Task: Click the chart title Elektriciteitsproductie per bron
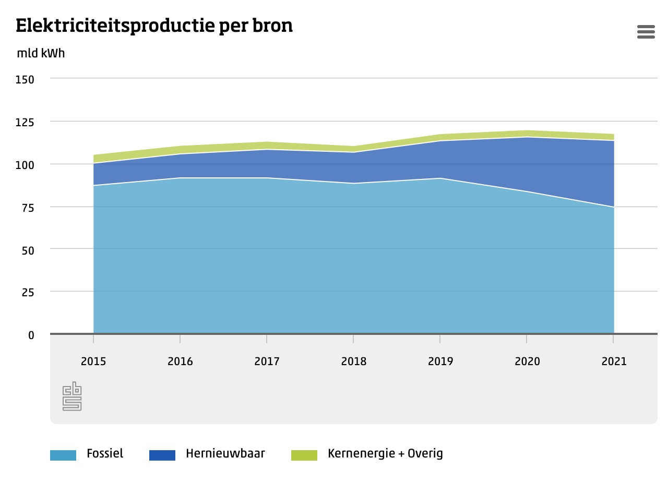coord(154,26)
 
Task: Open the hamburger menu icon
coord(646,32)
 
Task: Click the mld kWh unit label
coord(41,53)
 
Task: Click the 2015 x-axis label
coord(93,362)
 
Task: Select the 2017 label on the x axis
coord(267,362)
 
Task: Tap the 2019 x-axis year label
coord(440,362)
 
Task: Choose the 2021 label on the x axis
coord(614,362)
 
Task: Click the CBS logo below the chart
coord(72,396)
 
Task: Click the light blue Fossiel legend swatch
coord(63,455)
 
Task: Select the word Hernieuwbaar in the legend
coord(225,453)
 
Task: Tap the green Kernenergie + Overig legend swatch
coord(304,455)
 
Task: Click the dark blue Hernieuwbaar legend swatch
coord(162,455)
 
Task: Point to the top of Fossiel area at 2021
coord(613,207)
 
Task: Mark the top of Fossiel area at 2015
coord(94,185)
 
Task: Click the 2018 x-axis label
coord(353,362)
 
